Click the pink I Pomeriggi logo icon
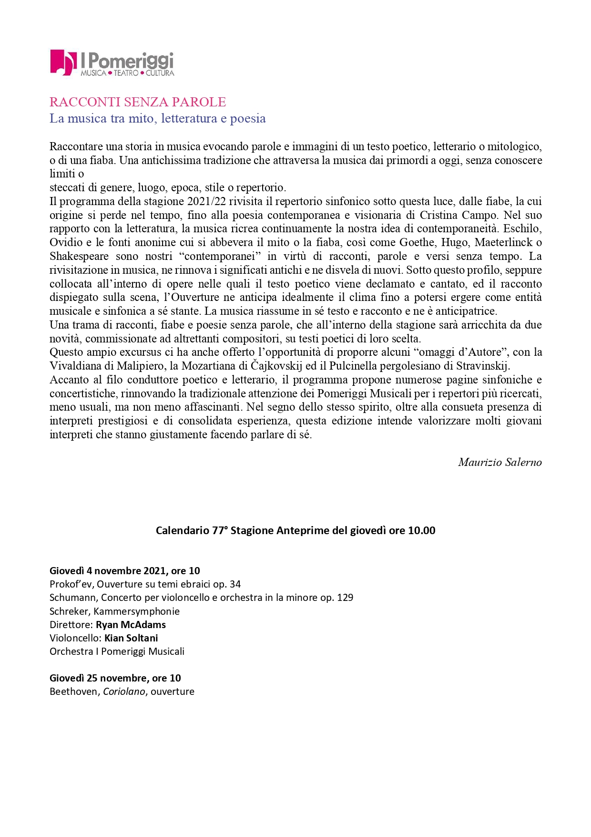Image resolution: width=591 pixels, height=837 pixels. pos(63,62)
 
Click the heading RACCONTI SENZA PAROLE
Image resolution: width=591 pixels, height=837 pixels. pos(138,102)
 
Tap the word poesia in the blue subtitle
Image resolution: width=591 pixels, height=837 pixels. pos(247,118)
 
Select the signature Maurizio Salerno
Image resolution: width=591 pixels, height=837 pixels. pos(499,462)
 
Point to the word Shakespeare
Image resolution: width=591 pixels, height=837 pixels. pos(79,256)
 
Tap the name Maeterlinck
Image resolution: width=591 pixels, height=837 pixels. pos(503,242)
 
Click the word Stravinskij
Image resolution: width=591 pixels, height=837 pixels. pos(483,366)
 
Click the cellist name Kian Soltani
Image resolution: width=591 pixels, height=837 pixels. pos(131,638)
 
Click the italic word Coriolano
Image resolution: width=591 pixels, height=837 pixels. pos(124,692)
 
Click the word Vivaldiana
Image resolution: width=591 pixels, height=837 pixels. pos(76,366)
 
